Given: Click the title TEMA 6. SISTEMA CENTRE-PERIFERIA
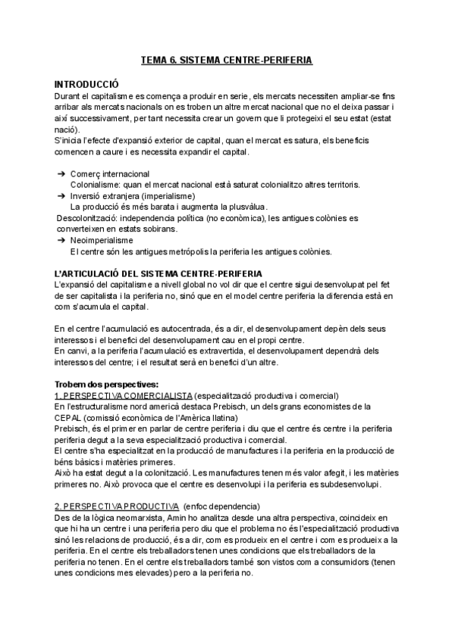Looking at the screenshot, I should pyautogui.click(x=227, y=58).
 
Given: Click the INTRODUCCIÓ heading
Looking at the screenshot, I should pyautogui.click(x=86, y=84).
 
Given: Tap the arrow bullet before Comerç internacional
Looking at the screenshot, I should pyautogui.click(x=61, y=174).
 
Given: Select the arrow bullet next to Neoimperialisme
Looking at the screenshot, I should pyautogui.click(x=61, y=240).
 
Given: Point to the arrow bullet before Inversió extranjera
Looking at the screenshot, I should pyautogui.click(x=61, y=196).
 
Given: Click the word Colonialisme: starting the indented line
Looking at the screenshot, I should pyautogui.click(x=95, y=185).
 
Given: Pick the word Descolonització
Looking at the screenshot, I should pyautogui.click(x=88, y=218).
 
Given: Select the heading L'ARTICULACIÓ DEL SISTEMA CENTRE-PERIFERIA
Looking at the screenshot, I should pyautogui.click(x=159, y=273).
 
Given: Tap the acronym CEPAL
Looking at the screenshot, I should pyautogui.click(x=69, y=417).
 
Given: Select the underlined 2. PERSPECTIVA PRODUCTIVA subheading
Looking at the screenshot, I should pyautogui.click(x=108, y=506).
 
